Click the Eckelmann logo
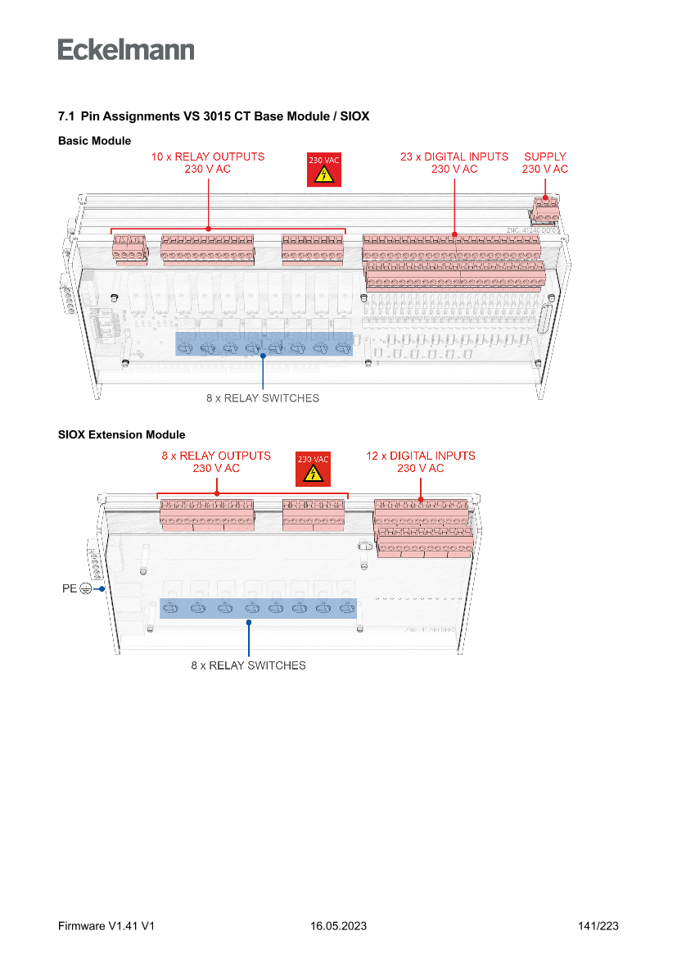coord(126,50)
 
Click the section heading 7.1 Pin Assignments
coord(214,117)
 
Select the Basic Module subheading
coord(94,141)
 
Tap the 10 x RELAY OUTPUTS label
coord(208,162)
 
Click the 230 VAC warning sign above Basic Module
coord(323,170)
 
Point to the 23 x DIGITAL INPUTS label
coord(454,162)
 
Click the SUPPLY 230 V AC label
coord(545,162)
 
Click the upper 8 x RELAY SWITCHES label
coord(263,399)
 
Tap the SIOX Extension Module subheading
coord(121,434)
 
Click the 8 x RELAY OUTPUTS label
coord(216,461)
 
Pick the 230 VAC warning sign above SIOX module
coord(313,469)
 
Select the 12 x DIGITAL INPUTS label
coord(421,461)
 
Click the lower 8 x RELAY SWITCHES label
coord(249,665)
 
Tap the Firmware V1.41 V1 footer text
coord(106,926)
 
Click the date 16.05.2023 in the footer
coord(338,926)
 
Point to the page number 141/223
coord(598,926)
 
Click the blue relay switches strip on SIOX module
coord(259,608)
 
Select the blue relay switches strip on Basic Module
coord(264,344)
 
